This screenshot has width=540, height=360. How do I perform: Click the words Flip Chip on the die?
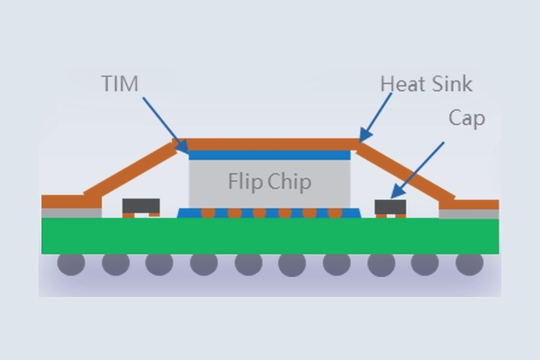click(269, 183)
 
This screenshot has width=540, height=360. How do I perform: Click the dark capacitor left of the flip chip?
click(140, 207)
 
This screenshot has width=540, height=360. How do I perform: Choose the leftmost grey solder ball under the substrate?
click(71, 264)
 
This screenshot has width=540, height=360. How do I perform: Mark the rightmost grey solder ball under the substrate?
click(468, 264)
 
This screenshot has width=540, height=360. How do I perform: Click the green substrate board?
click(270, 236)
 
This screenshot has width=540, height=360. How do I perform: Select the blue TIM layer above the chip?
click(269, 155)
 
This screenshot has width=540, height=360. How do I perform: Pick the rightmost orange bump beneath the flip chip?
click(334, 213)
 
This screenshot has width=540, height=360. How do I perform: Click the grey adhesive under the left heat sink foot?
click(69, 213)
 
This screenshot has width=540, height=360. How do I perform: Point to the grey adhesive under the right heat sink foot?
click(468, 213)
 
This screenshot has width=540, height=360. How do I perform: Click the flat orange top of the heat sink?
click(270, 144)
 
